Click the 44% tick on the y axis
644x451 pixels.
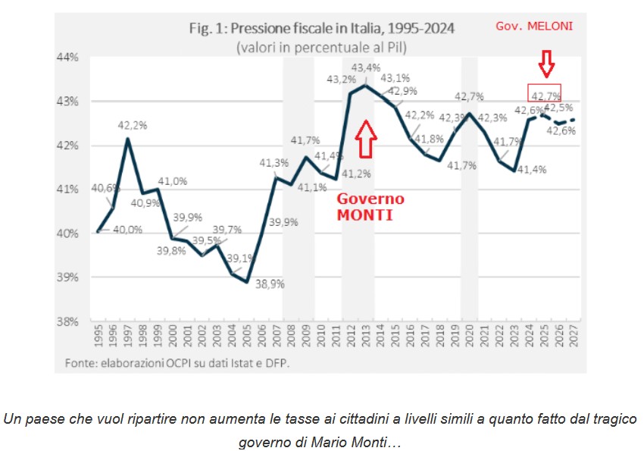tap(70, 57)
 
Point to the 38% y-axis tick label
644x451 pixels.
tap(70, 321)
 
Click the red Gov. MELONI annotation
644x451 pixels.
tap(534, 26)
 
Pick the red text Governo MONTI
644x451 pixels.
tap(370, 205)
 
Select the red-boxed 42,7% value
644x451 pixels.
tap(545, 96)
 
